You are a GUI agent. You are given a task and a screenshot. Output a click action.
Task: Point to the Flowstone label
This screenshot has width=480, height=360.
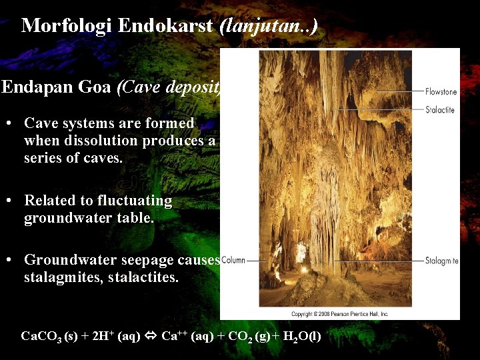tap(441, 91)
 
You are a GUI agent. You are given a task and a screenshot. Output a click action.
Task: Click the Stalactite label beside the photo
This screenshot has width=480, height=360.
tap(440, 109)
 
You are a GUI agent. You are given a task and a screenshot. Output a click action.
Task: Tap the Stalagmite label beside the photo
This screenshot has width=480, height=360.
tap(441, 261)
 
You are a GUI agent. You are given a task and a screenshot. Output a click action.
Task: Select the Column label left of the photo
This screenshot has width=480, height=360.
tap(233, 260)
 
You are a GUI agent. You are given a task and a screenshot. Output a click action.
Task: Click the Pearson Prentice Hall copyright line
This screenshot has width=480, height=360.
tap(339, 314)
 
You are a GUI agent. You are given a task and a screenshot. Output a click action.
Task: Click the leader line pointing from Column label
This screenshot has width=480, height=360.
tap(257, 260)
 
